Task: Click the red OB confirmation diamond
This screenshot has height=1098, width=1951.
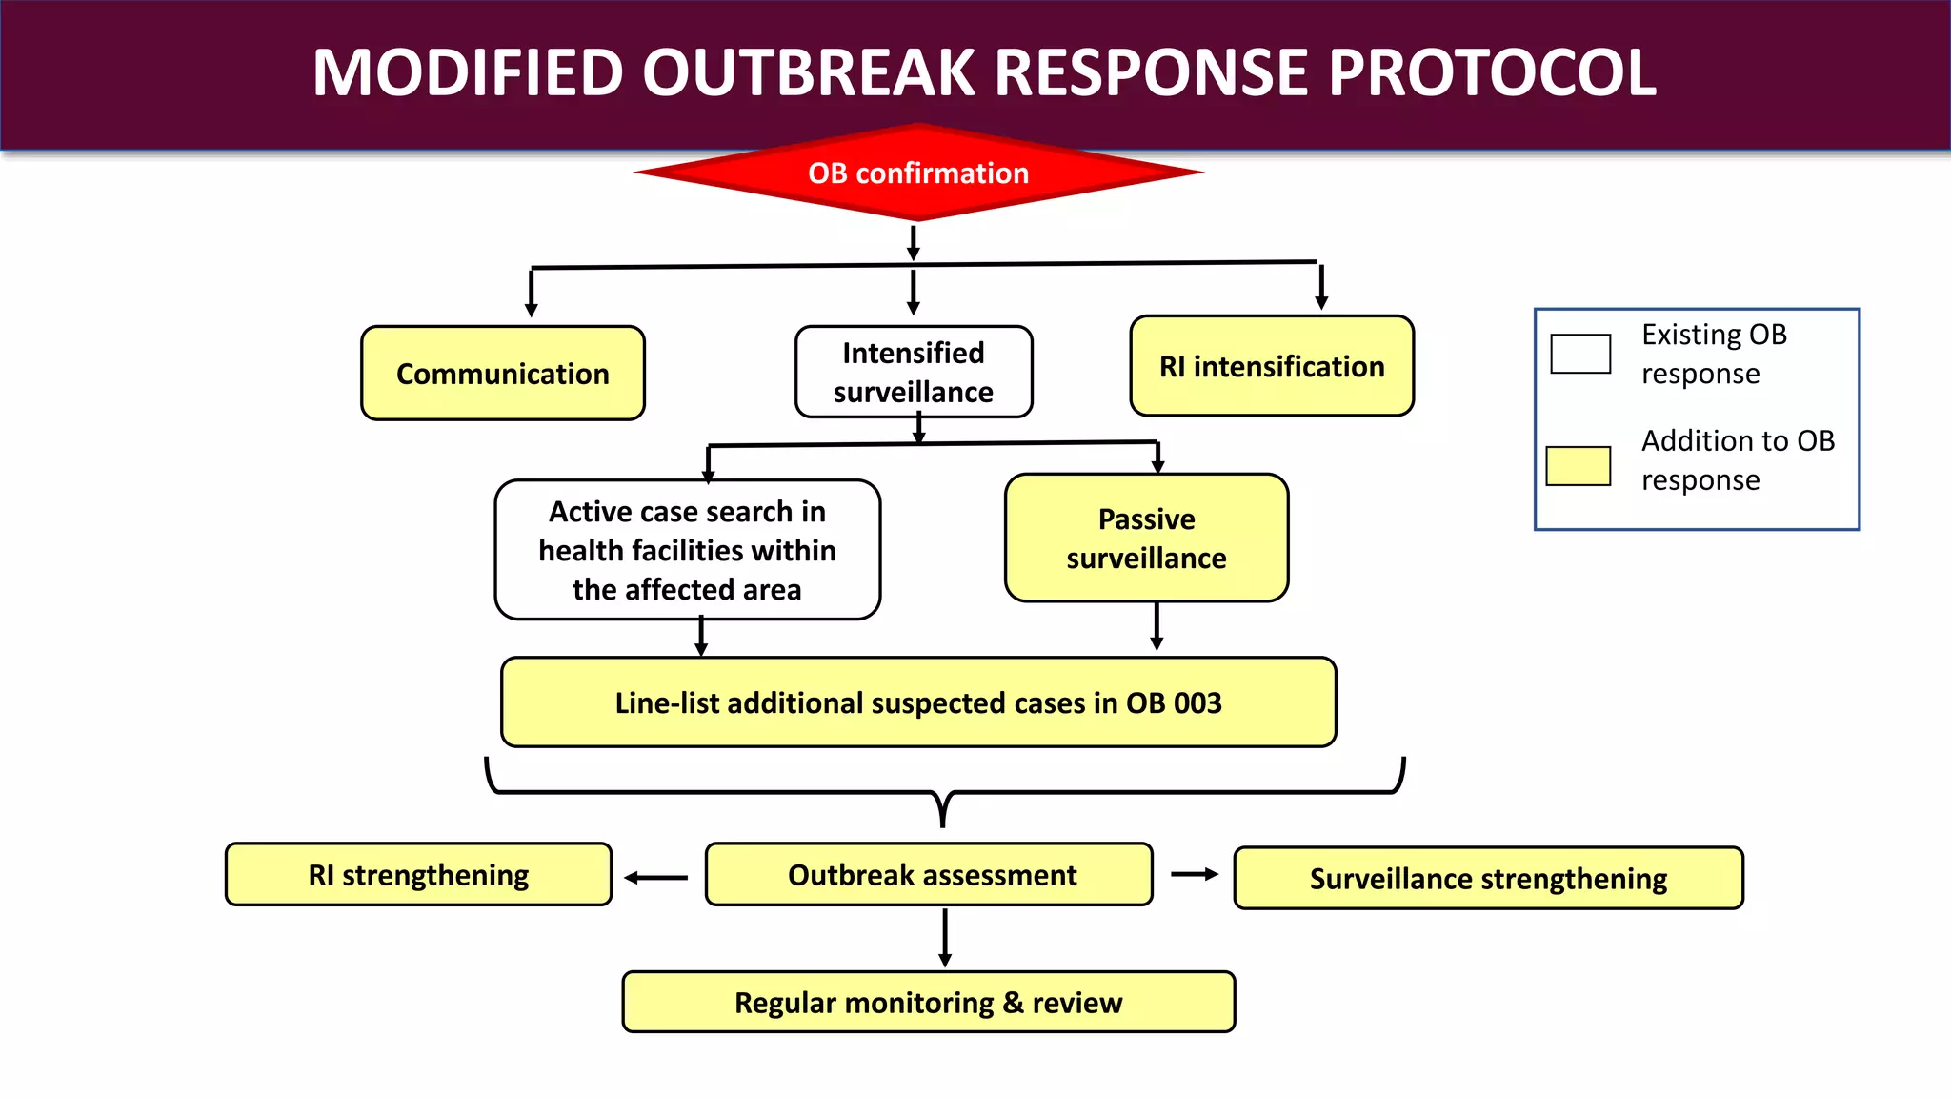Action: tap(918, 173)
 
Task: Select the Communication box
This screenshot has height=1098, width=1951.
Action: tap(503, 373)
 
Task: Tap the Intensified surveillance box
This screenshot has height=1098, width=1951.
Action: tap(914, 372)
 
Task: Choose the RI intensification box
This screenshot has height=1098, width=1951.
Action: tap(1272, 366)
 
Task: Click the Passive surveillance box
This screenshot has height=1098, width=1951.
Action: tap(1146, 538)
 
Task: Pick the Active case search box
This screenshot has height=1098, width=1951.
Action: tap(687, 550)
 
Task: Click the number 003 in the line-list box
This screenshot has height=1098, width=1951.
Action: tap(1197, 702)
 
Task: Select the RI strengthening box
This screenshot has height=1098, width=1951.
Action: tap(418, 874)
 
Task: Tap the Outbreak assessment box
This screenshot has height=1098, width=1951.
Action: tap(929, 874)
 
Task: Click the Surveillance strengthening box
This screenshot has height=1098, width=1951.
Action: tap(1488, 878)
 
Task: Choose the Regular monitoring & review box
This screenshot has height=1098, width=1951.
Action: tap(929, 1002)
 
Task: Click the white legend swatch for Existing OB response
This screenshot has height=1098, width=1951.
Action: tap(1580, 354)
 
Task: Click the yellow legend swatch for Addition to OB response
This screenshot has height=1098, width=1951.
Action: tap(1578, 466)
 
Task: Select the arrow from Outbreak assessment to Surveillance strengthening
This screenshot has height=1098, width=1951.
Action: tap(1195, 874)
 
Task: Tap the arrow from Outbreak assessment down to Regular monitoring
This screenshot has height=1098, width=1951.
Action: tap(945, 938)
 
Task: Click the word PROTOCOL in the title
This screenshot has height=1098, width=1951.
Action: tap(1492, 72)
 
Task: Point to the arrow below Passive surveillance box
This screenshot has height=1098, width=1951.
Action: tap(1157, 626)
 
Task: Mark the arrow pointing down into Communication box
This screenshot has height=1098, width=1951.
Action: tap(532, 293)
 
